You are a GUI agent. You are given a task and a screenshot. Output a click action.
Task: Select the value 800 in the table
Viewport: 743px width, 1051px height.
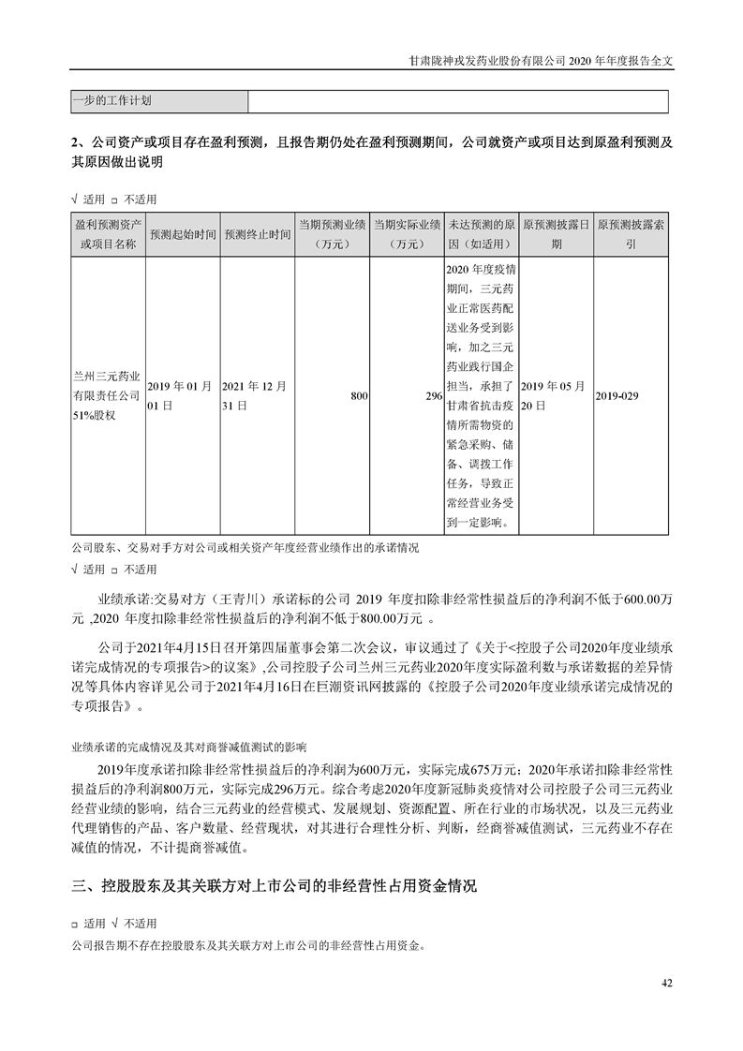click(x=358, y=396)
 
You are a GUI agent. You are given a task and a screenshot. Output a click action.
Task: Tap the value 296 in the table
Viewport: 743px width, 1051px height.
click(x=433, y=396)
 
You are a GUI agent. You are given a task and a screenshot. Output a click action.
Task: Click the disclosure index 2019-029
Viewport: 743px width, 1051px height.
click(x=617, y=396)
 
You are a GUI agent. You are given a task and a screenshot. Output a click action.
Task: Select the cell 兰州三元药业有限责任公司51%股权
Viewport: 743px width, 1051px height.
click(x=108, y=396)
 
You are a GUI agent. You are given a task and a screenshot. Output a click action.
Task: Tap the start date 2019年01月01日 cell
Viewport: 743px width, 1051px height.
click(x=183, y=396)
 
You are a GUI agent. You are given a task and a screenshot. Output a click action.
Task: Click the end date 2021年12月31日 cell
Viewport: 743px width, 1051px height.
click(x=257, y=396)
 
